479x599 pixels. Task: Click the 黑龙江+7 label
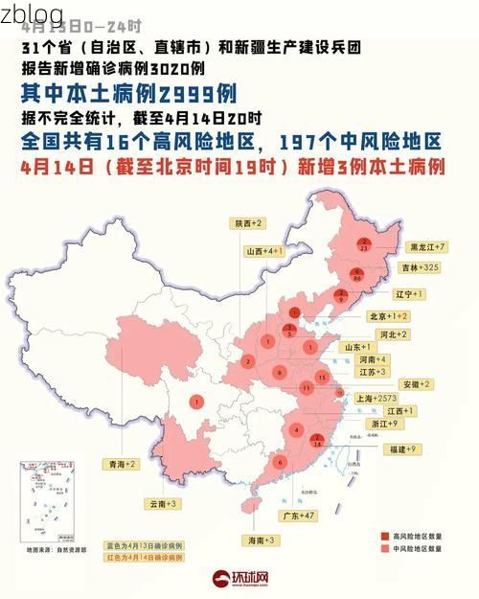(x=428, y=246)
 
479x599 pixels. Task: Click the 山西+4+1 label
(x=263, y=250)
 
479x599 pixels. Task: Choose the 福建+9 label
(x=400, y=449)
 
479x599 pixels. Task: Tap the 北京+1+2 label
(x=389, y=315)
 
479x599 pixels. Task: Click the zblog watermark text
(x=33, y=14)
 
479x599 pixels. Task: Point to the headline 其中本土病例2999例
(x=128, y=93)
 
